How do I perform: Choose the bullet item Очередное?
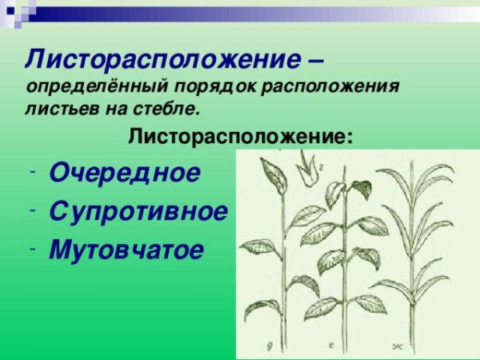click(124, 173)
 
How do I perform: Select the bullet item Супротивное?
click(138, 211)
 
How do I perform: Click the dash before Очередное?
click(29, 173)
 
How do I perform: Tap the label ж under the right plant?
click(397, 346)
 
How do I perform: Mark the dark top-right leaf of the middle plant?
click(361, 189)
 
